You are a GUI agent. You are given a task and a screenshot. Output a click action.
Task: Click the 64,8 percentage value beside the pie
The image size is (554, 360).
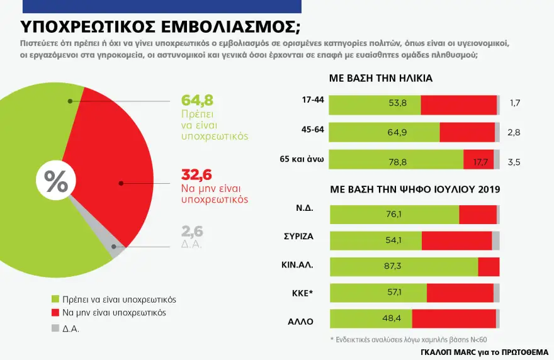(x=196, y=100)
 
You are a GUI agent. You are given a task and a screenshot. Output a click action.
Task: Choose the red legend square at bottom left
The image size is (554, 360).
(x=54, y=313)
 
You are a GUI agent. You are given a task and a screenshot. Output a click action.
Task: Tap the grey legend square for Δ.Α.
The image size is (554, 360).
(x=54, y=327)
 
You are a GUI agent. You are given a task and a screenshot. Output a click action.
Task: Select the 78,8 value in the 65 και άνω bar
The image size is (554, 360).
(x=398, y=162)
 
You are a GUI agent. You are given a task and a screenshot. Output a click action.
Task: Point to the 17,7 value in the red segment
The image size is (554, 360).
(x=480, y=162)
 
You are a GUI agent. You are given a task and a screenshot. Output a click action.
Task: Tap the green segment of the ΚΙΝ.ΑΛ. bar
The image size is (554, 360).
(x=404, y=267)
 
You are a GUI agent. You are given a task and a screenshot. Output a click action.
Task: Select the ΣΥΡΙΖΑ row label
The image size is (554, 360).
(x=298, y=237)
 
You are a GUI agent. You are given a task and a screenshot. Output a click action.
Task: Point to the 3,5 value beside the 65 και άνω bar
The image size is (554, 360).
(x=514, y=162)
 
